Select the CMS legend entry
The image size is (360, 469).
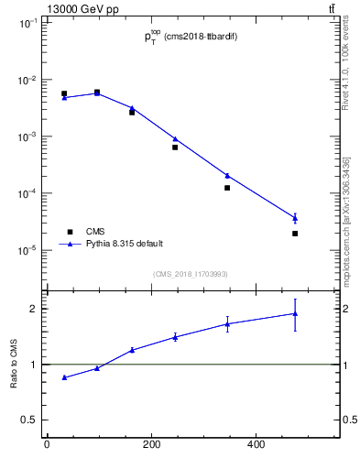95,231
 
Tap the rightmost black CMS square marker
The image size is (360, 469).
295,234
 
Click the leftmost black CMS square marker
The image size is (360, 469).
64,93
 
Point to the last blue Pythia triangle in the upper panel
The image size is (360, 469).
295,217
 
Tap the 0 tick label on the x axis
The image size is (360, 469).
47,445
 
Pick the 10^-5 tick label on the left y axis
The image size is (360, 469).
27,250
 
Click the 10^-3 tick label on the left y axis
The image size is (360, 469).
27,136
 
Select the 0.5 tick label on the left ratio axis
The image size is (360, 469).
30,420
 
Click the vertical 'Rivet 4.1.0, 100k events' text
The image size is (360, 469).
345,65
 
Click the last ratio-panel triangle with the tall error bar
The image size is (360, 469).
295,313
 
